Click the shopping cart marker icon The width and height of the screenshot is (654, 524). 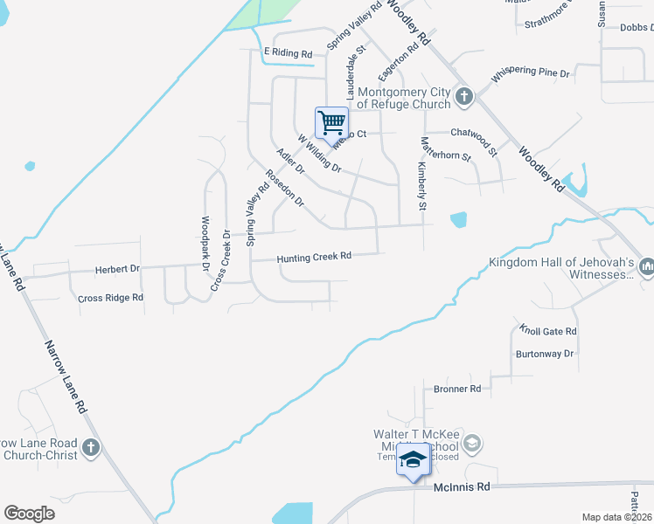(331, 122)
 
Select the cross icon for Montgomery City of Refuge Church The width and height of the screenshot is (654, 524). (463, 97)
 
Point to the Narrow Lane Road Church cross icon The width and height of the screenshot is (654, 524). (91, 449)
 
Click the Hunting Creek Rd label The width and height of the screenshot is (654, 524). (314, 257)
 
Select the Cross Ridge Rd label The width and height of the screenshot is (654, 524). (110, 298)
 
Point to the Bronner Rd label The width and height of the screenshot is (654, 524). (457, 389)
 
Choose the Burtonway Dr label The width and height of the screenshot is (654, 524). (544, 354)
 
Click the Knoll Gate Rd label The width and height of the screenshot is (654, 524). (548, 332)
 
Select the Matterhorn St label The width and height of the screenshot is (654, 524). (446, 149)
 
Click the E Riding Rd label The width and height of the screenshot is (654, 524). (288, 52)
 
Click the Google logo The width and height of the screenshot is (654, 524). (29, 514)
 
